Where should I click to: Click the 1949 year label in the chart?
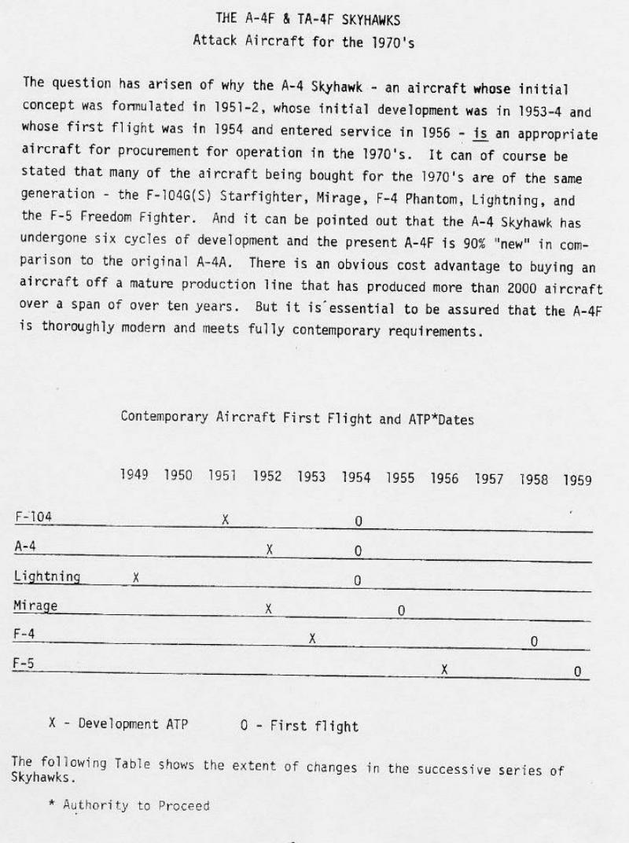[134, 476]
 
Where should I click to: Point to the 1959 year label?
[577, 480]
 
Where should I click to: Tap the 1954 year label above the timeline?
[356, 477]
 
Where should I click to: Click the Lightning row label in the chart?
[47, 576]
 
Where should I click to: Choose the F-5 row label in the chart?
[24, 663]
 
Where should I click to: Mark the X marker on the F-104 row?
[225, 519]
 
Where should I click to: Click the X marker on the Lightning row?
[136, 577]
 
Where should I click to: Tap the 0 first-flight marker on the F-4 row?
[534, 642]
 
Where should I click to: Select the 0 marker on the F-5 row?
[577, 672]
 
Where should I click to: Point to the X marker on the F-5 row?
[445, 669]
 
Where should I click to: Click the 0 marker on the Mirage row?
[401, 610]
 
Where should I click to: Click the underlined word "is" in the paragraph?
[479, 134]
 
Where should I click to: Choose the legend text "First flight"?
[314, 726]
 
